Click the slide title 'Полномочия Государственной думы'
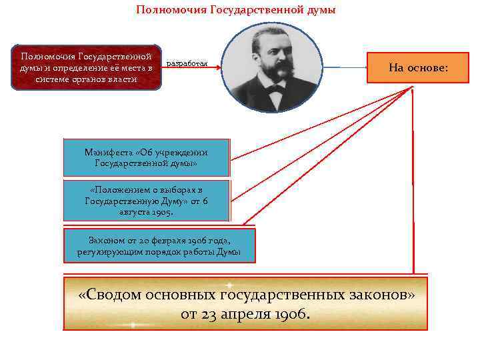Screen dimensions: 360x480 point(236,10)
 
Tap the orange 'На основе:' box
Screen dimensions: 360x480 point(418,69)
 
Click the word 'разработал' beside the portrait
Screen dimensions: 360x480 point(187,63)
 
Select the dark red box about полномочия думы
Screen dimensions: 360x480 point(86,67)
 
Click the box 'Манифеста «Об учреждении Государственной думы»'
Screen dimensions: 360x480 point(146,157)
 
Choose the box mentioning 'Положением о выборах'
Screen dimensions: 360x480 point(146,200)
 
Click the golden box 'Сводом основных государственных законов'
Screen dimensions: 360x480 point(245,304)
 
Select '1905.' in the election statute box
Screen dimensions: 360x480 point(159,213)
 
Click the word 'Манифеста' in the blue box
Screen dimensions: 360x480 point(106,152)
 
